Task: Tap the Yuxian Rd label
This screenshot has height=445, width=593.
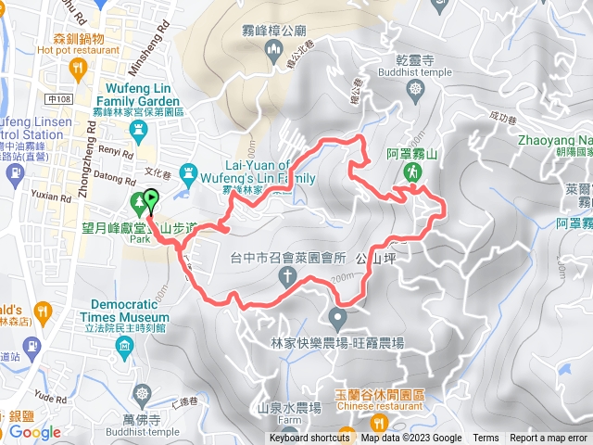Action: (x=52, y=197)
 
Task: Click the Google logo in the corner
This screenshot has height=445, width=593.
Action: (x=35, y=432)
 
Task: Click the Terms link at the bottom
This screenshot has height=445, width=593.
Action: (x=486, y=439)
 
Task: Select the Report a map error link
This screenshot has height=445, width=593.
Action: (x=549, y=439)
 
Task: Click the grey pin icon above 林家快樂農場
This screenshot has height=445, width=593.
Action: (x=337, y=319)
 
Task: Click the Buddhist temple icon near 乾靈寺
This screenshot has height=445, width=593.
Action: (x=414, y=89)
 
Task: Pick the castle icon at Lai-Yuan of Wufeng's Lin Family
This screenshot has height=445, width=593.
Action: (x=189, y=172)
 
